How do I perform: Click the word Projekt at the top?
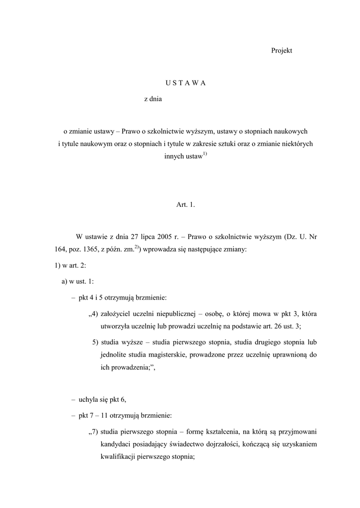coord(282,51)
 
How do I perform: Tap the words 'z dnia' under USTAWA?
coord(153,99)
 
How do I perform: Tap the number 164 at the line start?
coord(61,250)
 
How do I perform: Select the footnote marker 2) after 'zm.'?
coord(137,248)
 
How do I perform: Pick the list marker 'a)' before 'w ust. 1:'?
coord(65,282)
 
